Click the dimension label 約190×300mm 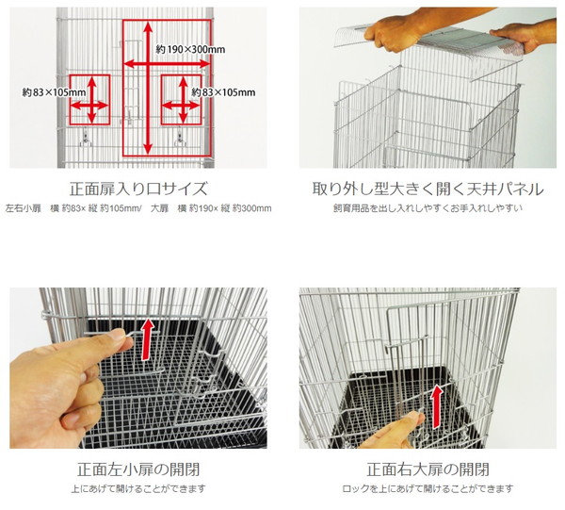pos(190,49)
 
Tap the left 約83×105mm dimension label pos(54,92)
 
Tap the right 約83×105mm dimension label pos(223,92)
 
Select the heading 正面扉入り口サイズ pos(138,189)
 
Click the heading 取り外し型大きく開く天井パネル pos(428,189)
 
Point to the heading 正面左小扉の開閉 pos(138,469)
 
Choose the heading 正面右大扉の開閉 pos(428,469)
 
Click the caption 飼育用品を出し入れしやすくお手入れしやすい pos(428,208)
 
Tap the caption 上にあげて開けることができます pos(138,488)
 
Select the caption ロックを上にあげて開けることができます pos(428,488)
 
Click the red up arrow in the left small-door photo pos(147,338)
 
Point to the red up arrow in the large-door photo pos(437,406)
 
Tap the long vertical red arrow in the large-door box pos(148,88)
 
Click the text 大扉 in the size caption pos(160,208)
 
